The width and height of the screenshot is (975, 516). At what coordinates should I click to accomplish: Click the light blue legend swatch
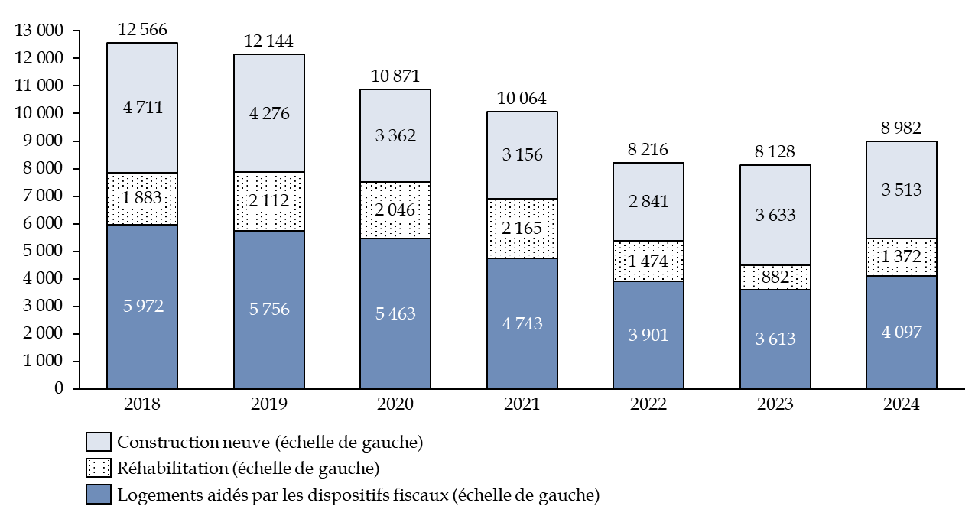(99, 442)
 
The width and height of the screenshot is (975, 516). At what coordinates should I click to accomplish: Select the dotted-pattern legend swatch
(99, 468)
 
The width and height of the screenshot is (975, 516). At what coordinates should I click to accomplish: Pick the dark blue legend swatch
(99, 494)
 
